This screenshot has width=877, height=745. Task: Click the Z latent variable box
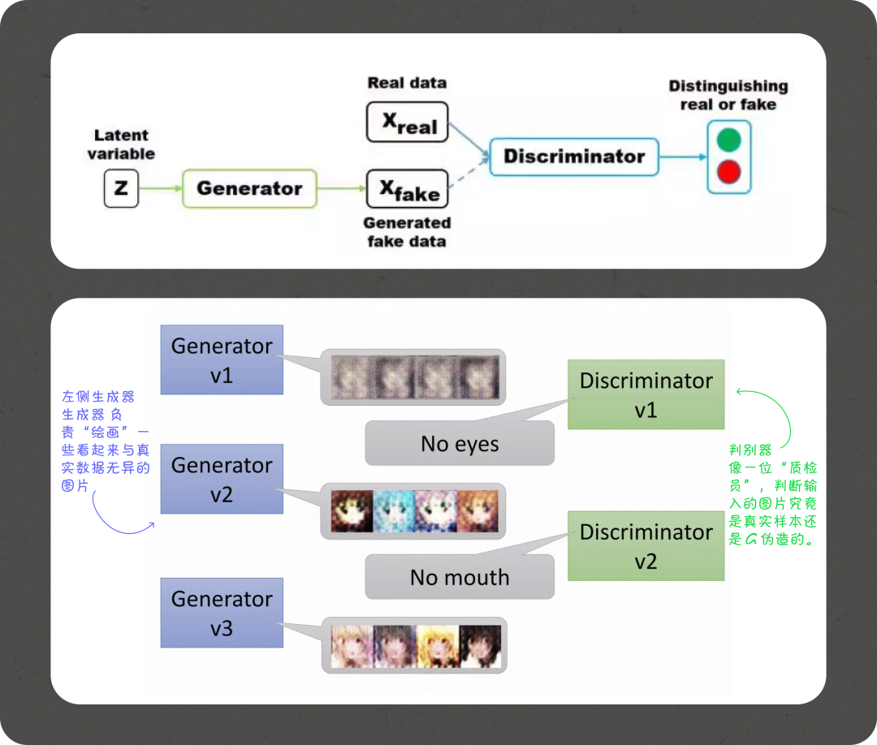[x=121, y=188]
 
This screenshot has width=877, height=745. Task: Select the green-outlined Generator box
[x=249, y=188]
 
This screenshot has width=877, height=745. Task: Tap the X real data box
[x=407, y=122]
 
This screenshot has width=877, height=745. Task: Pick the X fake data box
[x=407, y=188]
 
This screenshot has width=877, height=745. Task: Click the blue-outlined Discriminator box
[x=574, y=157]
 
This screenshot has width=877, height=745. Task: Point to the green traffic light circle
[x=728, y=140]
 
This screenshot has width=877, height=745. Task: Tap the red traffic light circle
[x=728, y=171]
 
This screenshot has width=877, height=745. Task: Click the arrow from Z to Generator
[x=161, y=188]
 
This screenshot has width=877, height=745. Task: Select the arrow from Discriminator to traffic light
[x=683, y=157]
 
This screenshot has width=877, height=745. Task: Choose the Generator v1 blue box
[x=222, y=360]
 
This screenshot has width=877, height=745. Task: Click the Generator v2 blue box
[x=222, y=479]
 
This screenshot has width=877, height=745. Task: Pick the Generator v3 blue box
[x=222, y=613]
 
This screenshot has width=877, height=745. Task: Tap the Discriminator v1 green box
[x=646, y=394]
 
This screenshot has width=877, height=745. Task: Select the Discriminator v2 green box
[x=646, y=546]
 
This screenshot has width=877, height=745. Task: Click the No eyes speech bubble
[x=460, y=443]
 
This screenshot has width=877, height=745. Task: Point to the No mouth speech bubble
[x=460, y=577]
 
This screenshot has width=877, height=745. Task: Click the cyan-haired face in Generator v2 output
[x=394, y=511]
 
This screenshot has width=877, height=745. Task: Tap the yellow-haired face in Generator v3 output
[x=438, y=646]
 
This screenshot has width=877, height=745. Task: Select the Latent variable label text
[x=121, y=144]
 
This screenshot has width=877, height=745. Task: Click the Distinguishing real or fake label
[x=728, y=95]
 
